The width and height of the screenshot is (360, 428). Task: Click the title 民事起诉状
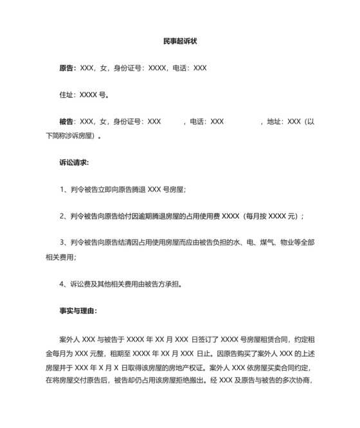tap(179, 41)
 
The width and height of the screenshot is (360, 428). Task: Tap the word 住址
tap(66, 95)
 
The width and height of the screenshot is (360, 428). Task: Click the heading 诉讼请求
tap(73, 162)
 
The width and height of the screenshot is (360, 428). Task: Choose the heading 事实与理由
tap(77, 310)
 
